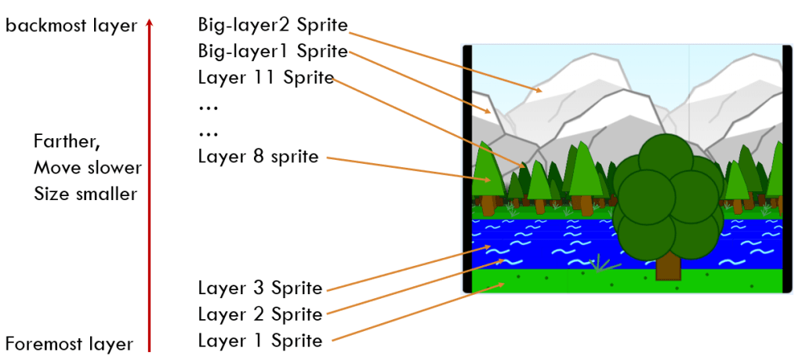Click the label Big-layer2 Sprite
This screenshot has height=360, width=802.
(x=272, y=25)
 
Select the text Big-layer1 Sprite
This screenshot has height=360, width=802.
(x=272, y=52)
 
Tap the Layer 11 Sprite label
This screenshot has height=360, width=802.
(x=266, y=78)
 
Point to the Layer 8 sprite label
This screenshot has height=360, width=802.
(x=258, y=157)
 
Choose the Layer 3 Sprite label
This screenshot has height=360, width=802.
(x=259, y=289)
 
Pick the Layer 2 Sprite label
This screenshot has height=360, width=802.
(x=259, y=315)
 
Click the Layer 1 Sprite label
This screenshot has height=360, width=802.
(x=259, y=341)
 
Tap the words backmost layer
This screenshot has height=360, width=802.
(x=71, y=26)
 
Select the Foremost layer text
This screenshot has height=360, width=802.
(x=69, y=344)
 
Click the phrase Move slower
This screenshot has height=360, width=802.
(x=88, y=168)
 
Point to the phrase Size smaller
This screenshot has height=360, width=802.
(x=85, y=194)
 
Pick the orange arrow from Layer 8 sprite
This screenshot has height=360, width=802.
(x=408, y=169)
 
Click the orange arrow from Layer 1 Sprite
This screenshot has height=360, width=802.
(x=416, y=314)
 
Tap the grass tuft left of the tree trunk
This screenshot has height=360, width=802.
(x=602, y=263)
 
